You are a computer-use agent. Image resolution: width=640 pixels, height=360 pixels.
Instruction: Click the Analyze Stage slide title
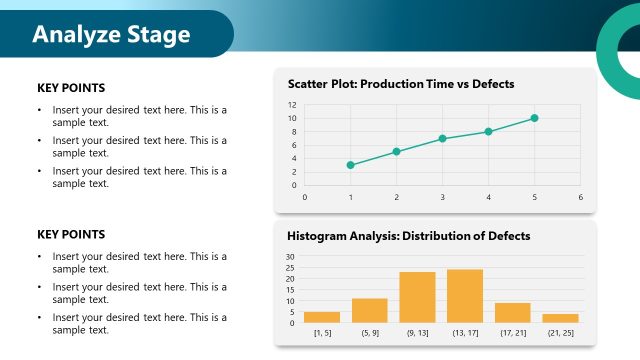tap(110, 35)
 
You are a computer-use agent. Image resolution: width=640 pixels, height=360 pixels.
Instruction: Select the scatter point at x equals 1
tap(350, 165)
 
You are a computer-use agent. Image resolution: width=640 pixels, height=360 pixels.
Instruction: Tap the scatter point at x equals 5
tap(534, 118)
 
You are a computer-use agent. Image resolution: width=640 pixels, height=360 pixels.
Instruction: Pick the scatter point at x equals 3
tap(442, 138)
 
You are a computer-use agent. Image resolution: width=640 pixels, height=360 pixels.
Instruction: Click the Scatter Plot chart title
tap(400, 84)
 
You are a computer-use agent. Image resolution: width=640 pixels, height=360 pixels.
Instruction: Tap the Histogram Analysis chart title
tap(408, 236)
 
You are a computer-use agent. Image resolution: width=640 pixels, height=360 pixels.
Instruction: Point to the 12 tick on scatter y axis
tap(292, 105)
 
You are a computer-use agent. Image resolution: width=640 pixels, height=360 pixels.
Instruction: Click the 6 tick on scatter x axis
tap(580, 197)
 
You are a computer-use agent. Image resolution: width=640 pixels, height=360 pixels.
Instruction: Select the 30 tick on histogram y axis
tap(290, 257)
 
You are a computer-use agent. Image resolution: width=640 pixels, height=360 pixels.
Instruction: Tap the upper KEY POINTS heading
tap(71, 88)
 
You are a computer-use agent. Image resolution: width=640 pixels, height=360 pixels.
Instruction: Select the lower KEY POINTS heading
tap(71, 234)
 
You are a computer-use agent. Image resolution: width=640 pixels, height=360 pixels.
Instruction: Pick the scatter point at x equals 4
tap(488, 132)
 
